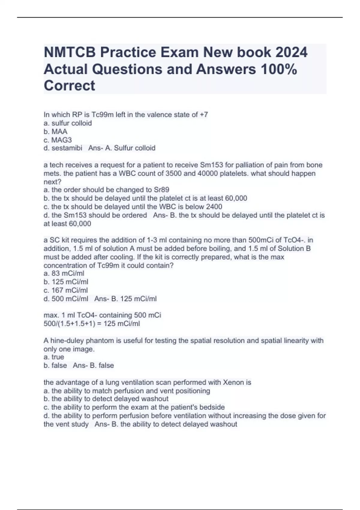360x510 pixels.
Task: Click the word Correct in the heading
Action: pos(69,86)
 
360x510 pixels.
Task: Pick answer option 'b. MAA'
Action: pos(55,132)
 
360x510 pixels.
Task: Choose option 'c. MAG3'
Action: pos(58,140)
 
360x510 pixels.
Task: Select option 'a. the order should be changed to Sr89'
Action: pos(106,190)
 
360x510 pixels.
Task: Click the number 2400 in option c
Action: pos(214,207)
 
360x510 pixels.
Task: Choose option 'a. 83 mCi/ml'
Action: pos(64,273)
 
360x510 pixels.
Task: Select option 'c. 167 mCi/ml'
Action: pos(66,290)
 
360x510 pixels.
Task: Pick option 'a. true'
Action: pos(54,357)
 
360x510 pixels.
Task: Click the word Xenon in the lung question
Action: pos(233,382)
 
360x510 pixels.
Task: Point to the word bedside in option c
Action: pos(213,407)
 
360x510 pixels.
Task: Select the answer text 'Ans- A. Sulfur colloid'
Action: pos(122,148)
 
